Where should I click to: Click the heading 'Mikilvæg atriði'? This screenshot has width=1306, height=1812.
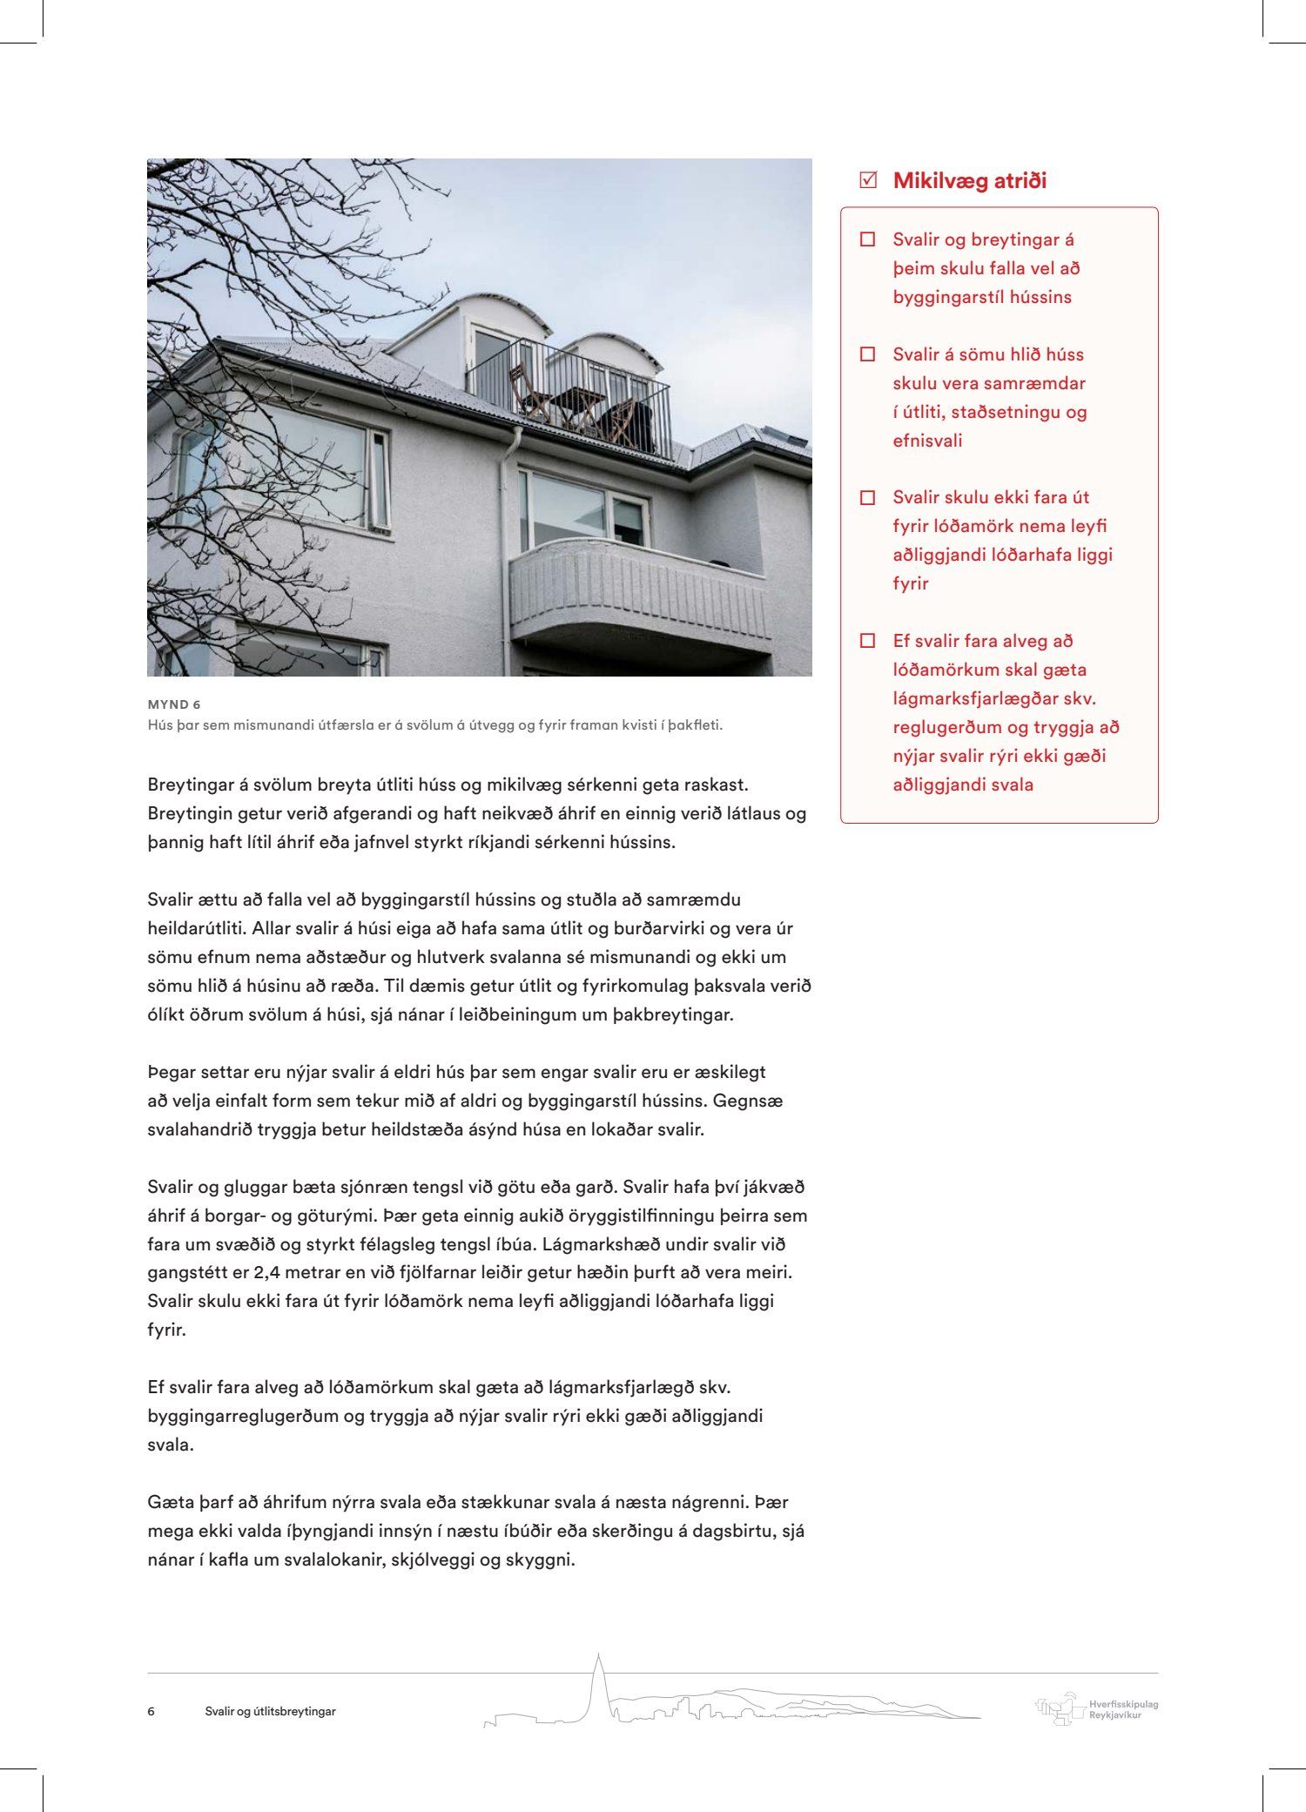point(969,181)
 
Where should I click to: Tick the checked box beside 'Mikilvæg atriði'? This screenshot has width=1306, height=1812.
point(867,181)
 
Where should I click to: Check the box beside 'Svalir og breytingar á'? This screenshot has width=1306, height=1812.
point(867,239)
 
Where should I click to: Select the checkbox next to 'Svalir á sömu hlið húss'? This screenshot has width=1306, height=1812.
point(867,354)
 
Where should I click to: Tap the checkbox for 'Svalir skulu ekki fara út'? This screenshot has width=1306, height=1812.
point(867,498)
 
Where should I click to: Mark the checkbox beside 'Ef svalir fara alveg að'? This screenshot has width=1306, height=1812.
point(867,641)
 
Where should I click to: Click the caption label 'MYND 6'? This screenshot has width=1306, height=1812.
point(174,704)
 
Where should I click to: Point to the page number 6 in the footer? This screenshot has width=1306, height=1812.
point(151,1711)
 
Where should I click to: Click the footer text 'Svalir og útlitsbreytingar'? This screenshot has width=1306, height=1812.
point(270,1711)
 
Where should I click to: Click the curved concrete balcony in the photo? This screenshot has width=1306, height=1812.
point(640,592)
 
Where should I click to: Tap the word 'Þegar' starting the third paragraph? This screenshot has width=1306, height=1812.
point(171,1072)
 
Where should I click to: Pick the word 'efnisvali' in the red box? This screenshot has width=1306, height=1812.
point(927,441)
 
